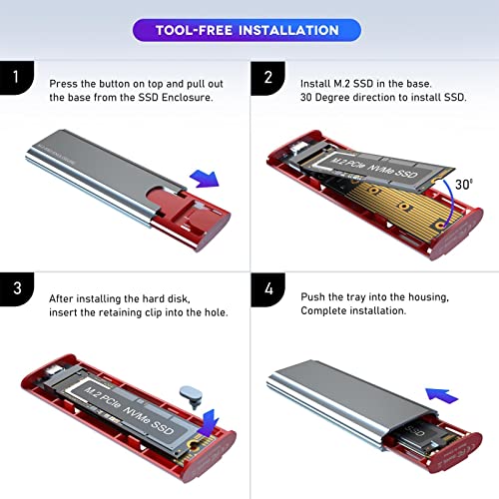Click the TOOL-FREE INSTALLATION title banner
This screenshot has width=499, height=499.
(x=249, y=31)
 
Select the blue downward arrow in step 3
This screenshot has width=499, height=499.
(x=199, y=411)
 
